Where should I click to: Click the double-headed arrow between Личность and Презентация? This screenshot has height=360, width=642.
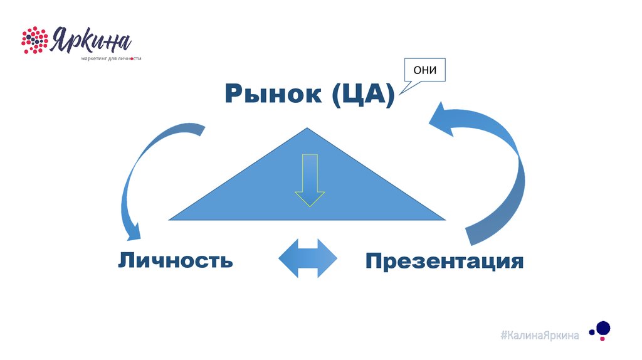[x=307, y=258]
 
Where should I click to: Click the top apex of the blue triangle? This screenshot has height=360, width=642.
[x=308, y=130]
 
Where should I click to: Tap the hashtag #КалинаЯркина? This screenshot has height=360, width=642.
[x=539, y=336]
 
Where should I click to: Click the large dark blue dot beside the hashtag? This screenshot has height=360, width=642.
[x=603, y=326]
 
